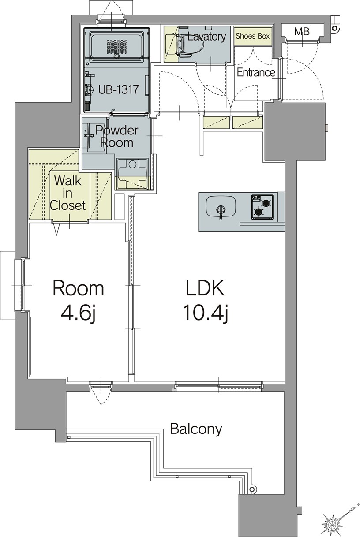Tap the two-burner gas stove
(x=262, y=207)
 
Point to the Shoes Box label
(x=252, y=37)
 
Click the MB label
(x=302, y=32)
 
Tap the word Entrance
(x=256, y=73)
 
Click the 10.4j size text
(x=205, y=313)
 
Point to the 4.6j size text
(x=79, y=313)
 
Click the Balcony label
(x=196, y=429)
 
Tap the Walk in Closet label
(x=67, y=193)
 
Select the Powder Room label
(x=117, y=136)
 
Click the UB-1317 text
(x=119, y=89)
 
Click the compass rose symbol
(x=332, y=523)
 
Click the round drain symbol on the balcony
(x=252, y=489)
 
